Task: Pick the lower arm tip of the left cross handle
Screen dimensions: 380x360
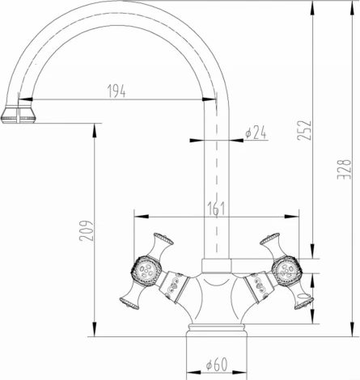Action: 128,302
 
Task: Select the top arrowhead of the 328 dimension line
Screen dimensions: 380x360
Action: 354,5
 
